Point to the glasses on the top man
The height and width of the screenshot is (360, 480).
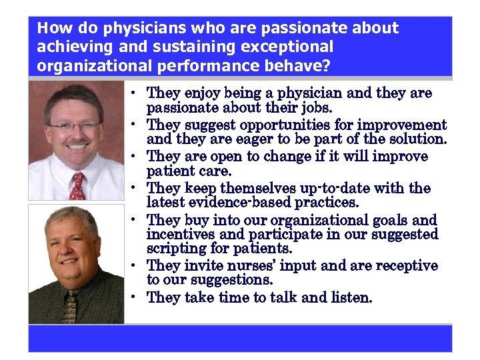75,125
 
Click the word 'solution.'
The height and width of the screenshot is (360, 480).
415,139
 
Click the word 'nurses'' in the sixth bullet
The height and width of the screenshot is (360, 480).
269,266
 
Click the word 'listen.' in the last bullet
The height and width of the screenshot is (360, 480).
351,297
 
